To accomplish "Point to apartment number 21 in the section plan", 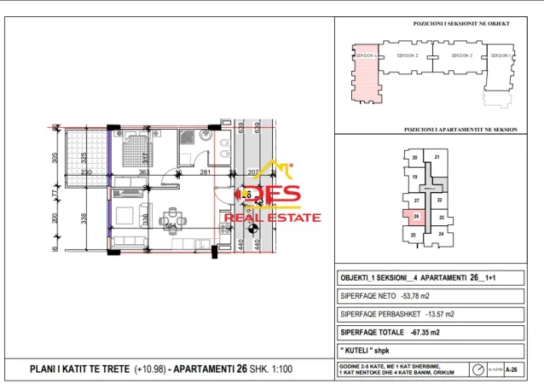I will coord(437,157).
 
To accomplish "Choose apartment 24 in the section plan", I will coord(441,232).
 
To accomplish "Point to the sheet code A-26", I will coord(512,369).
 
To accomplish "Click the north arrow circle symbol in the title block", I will coord(477,369).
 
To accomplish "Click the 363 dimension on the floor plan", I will coord(144,173).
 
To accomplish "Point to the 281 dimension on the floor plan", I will coord(205,173).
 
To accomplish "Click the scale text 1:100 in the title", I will coord(290,369).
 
